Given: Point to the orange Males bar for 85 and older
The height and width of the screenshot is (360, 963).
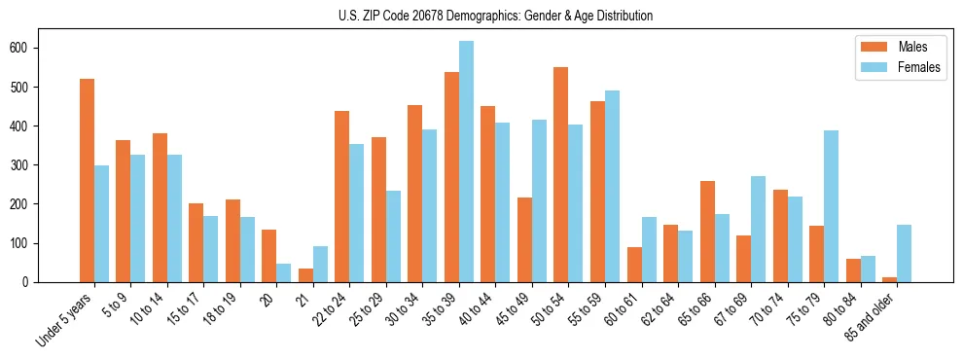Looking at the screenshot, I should [889, 279].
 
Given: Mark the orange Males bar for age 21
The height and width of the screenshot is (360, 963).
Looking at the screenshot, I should [305, 275].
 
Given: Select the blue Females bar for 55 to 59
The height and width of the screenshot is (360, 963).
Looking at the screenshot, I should [612, 186].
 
